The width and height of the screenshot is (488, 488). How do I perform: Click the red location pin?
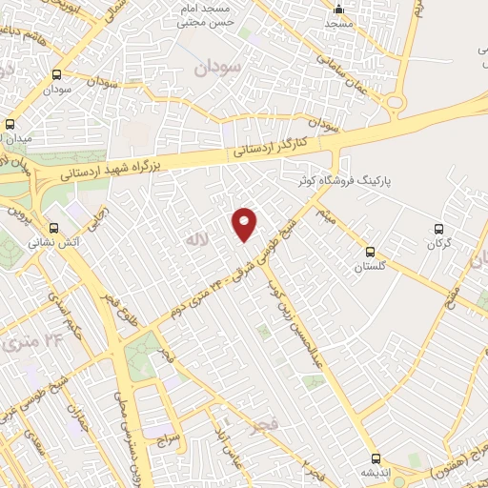245,223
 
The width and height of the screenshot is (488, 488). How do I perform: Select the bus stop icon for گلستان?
370,252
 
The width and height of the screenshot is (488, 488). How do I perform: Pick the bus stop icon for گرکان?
439,229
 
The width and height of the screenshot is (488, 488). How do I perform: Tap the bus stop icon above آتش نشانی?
54,229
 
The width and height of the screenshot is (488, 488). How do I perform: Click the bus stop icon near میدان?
10,124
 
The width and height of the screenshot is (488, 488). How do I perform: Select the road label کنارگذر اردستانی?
269,149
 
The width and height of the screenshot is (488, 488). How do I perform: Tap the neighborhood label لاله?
197,234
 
